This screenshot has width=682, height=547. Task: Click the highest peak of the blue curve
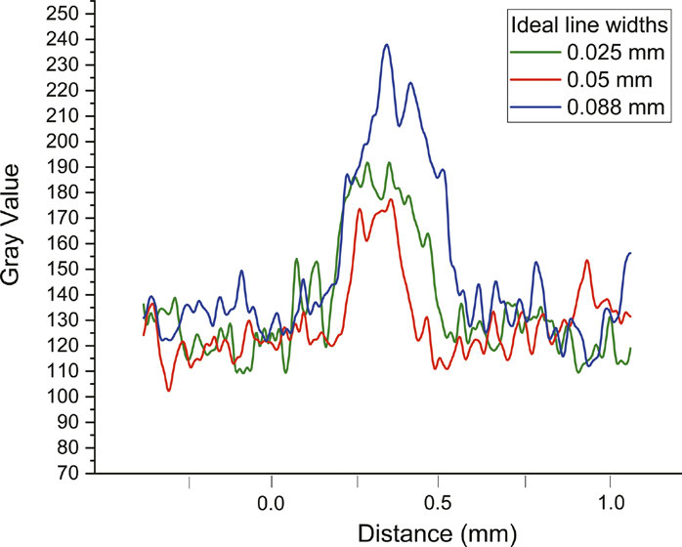coord(387,45)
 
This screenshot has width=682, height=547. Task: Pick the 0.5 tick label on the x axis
coord(441,508)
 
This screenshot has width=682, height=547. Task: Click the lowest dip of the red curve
coord(169,391)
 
